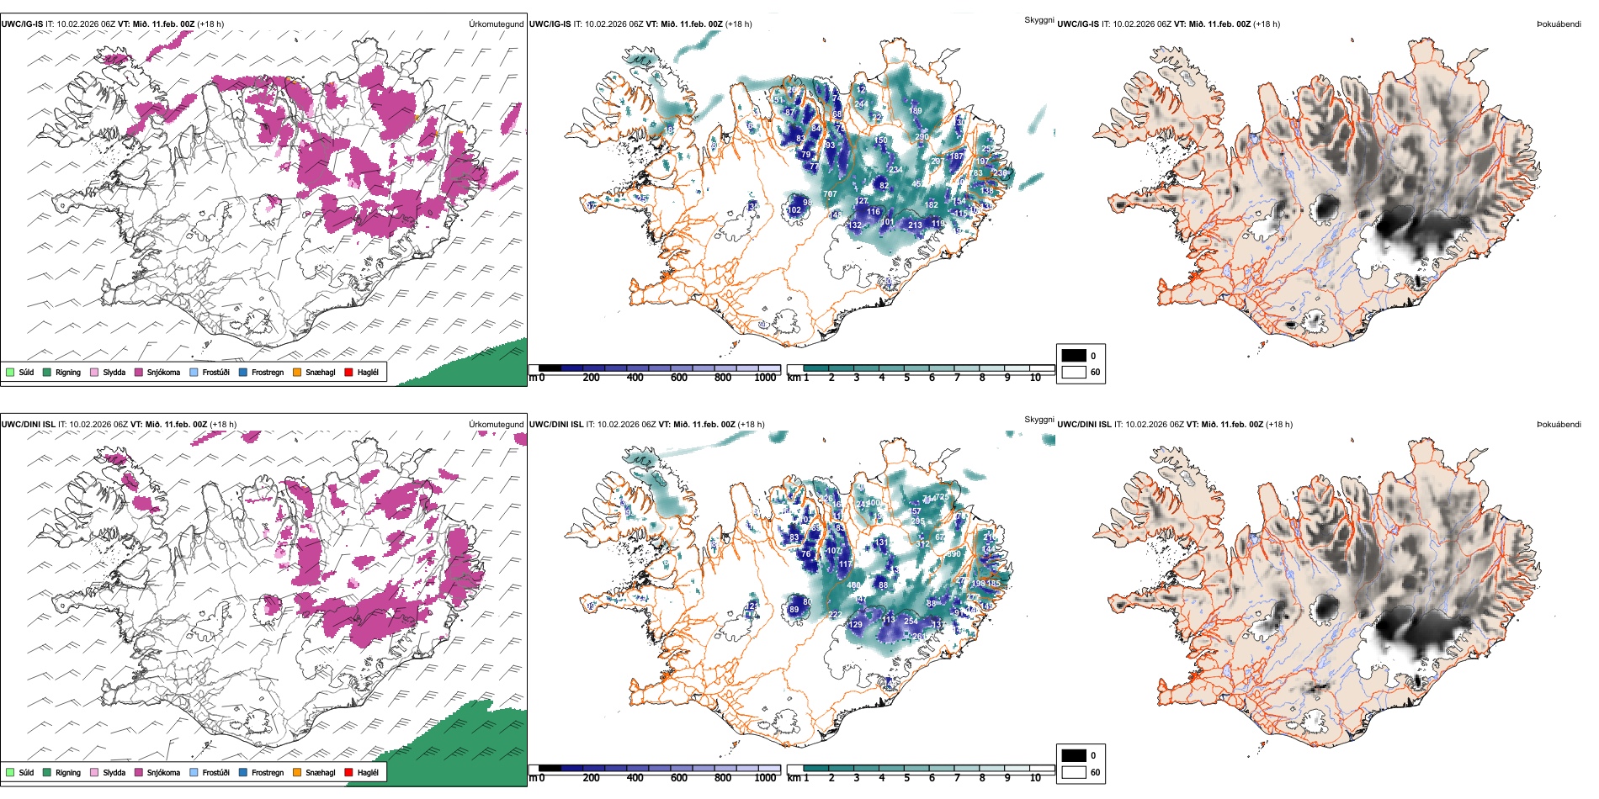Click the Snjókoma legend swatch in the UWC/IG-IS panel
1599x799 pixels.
(139, 372)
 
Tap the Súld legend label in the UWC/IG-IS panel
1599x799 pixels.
(26, 372)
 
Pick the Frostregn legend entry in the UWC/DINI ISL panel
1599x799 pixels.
(267, 772)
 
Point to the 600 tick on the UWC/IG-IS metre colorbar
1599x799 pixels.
(678, 378)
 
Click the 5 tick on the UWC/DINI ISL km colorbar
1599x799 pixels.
(906, 778)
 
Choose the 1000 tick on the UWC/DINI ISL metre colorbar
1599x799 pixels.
(765, 778)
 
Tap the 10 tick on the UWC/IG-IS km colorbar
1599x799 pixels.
(1035, 378)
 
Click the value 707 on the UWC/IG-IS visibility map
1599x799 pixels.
(830, 194)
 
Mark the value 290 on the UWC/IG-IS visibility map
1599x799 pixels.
(922, 137)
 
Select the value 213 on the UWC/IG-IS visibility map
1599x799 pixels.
(915, 225)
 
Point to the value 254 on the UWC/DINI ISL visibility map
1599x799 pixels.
(911, 622)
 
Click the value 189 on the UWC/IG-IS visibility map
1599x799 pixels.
(915, 110)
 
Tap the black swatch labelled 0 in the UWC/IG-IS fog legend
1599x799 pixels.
(1074, 355)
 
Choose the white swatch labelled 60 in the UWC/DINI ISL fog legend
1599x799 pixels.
(1074, 771)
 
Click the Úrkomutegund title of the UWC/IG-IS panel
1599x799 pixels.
(496, 24)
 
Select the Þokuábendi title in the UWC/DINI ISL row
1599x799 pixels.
(1559, 425)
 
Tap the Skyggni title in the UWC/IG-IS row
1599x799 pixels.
(1039, 20)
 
